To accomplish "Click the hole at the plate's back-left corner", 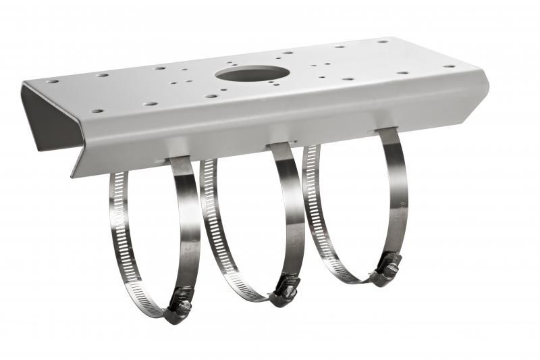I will [x=53, y=82].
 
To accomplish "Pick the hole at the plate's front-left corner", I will [x=97, y=111].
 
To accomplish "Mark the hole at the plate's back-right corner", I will [x=383, y=42].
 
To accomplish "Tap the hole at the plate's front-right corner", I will [x=449, y=67].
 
